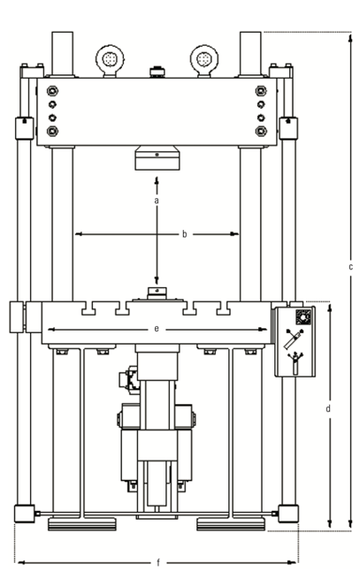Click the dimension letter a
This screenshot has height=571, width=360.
click(157, 201)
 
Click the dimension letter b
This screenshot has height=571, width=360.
click(184, 234)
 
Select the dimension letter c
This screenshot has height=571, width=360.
click(350, 267)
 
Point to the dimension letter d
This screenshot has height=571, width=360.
click(328, 408)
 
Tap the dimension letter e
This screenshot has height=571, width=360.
click(157, 329)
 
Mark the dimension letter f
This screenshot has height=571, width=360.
click(158, 563)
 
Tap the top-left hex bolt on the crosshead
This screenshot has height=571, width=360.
click(52, 90)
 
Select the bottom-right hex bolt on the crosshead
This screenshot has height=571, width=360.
click(261, 131)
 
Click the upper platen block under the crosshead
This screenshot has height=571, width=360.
click(157, 158)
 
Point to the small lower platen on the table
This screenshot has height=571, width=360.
click(157, 293)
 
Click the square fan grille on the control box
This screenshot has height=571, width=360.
click(303, 316)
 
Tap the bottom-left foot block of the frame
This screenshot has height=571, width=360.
click(25, 514)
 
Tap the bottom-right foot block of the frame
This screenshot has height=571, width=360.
click(288, 514)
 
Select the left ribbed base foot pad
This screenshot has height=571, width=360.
click(82, 524)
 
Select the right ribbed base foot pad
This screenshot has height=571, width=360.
click(231, 524)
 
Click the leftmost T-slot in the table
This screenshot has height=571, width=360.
click(88, 308)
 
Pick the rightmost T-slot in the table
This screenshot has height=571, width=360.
click(224, 308)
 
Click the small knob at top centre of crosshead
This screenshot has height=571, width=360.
click(157, 72)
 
